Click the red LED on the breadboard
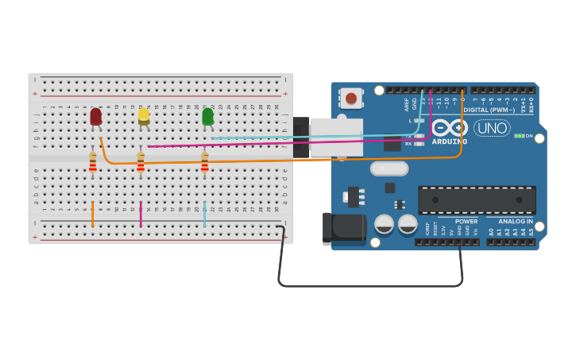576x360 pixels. [x=95, y=117]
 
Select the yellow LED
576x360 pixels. [x=144, y=116]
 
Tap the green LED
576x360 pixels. [x=207, y=117]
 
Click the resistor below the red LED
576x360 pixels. [x=93, y=164]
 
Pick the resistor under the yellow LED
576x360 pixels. [x=141, y=164]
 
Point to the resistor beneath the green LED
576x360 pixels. [x=204, y=164]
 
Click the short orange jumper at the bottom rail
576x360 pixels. [x=93, y=214]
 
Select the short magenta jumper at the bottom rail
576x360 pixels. [x=141, y=214]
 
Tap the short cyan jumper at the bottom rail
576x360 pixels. [x=204, y=214]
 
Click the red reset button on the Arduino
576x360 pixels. [x=350, y=99]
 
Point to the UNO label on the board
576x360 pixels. [x=492, y=128]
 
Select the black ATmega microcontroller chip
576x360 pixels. [x=477, y=200]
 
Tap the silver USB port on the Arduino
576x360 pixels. [x=335, y=137]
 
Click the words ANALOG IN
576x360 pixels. [x=516, y=222]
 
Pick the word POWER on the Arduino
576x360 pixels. [x=466, y=222]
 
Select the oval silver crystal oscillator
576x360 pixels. [x=389, y=168]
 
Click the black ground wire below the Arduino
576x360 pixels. [x=369, y=285]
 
